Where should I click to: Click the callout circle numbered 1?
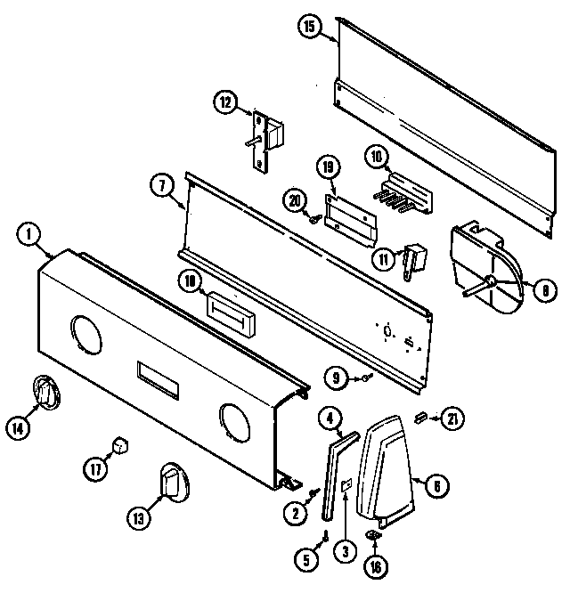click(29, 236)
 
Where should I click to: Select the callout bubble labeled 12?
click(226, 103)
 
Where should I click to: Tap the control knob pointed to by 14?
click(45, 393)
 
